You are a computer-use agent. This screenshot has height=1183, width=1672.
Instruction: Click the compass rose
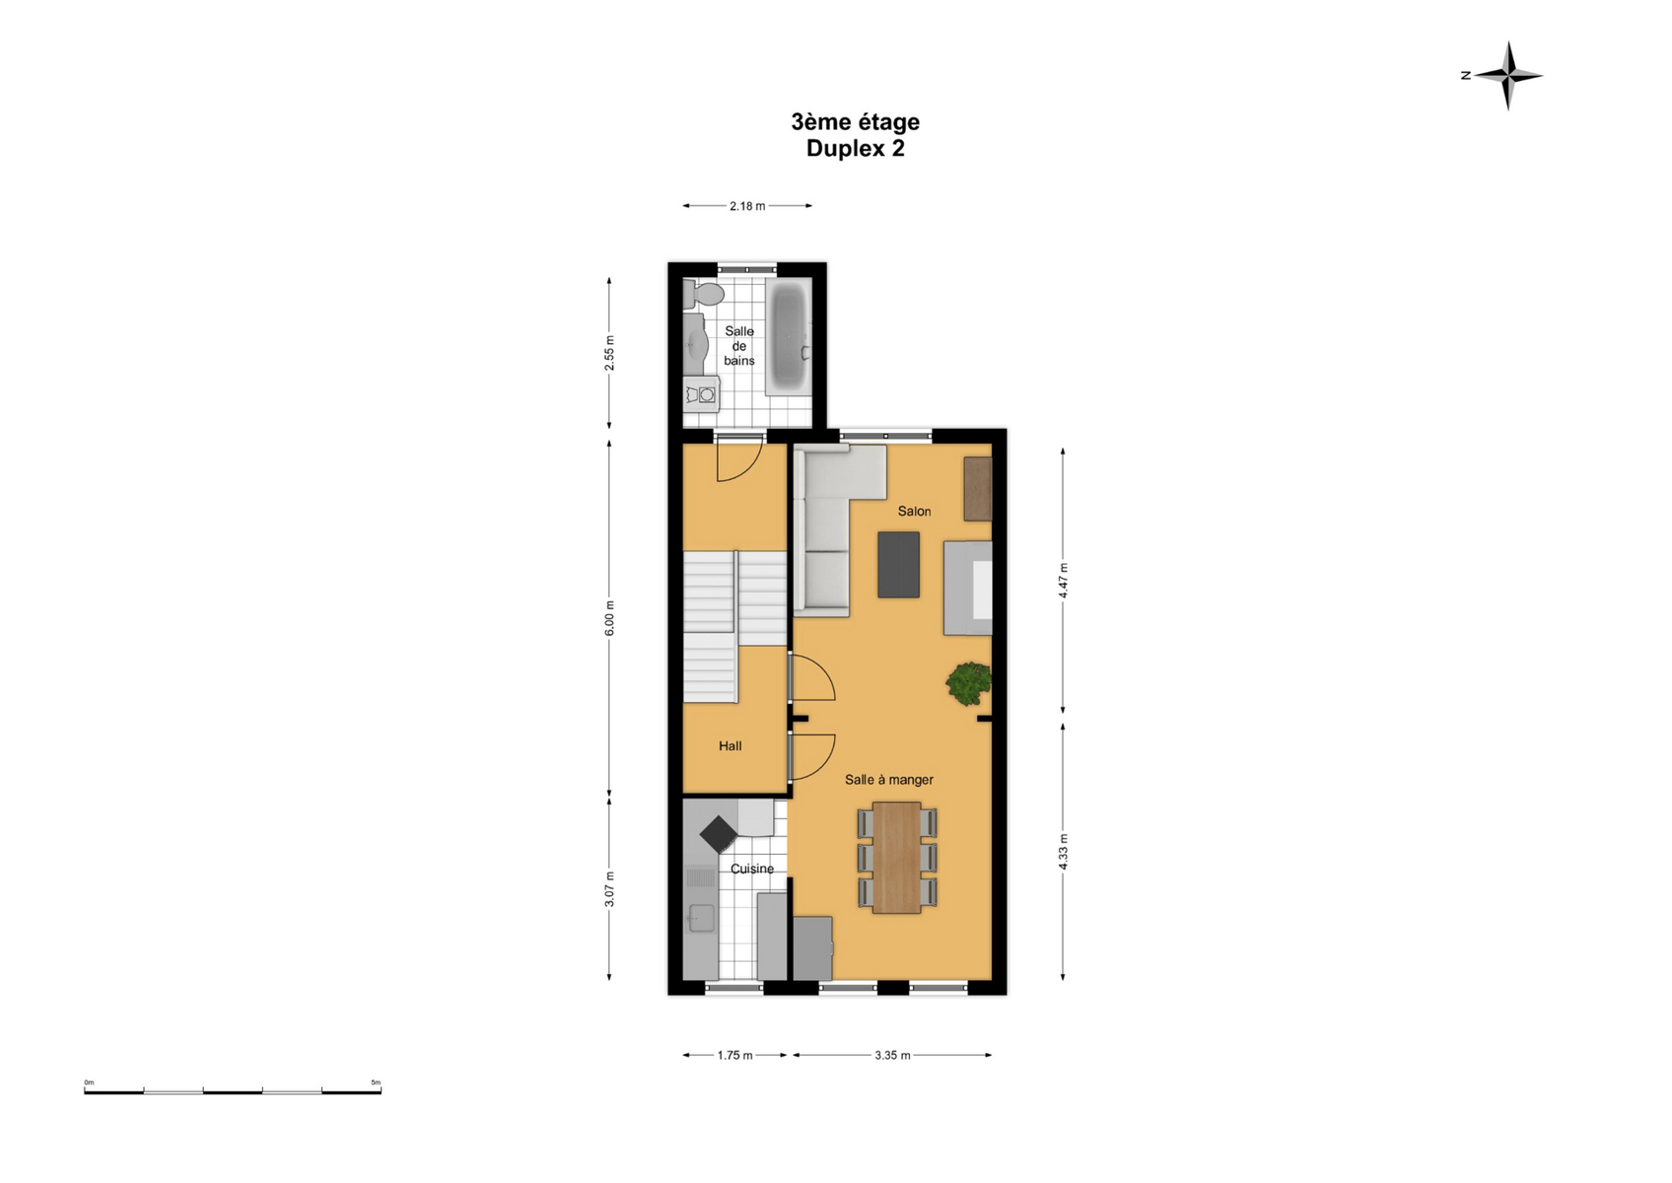[1507, 75]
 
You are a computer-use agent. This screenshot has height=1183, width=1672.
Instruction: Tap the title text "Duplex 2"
[856, 148]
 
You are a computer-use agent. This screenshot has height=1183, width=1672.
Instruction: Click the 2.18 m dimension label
[747, 206]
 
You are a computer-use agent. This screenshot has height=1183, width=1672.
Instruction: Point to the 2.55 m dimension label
[609, 353]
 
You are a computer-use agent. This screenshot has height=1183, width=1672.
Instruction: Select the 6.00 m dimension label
[609, 618]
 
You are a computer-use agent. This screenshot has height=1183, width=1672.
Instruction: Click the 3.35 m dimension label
[893, 1056]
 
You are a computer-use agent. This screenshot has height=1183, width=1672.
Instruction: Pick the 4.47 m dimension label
[1063, 580]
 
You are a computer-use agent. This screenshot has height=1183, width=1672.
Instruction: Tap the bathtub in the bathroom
[789, 336]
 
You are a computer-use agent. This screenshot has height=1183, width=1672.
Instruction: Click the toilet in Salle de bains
[702, 294]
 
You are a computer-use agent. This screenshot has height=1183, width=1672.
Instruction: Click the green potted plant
[969, 683]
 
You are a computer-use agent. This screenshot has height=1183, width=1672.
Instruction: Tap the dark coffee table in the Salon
[899, 564]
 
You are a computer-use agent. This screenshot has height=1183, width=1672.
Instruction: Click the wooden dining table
[896, 858]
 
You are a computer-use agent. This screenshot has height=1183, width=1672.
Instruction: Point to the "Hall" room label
[730, 745]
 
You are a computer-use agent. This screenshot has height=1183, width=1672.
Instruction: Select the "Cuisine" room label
[751, 869]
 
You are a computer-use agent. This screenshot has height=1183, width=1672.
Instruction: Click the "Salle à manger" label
[889, 780]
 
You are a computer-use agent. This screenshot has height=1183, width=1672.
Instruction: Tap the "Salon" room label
[915, 512]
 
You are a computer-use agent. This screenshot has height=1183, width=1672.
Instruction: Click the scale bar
[233, 1091]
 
